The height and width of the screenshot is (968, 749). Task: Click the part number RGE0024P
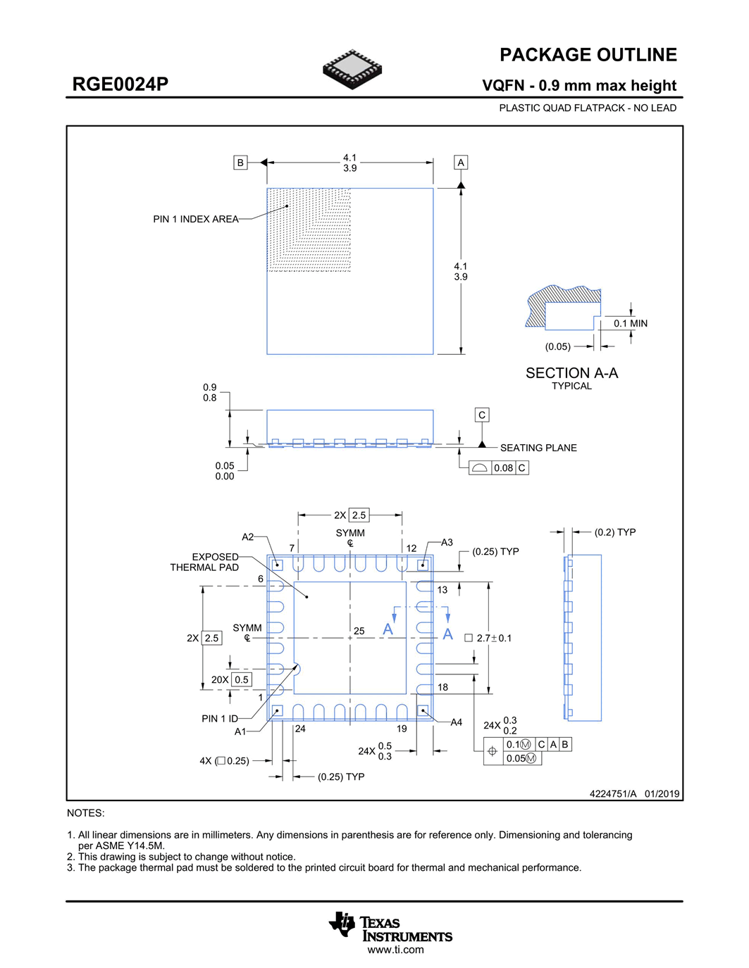120,84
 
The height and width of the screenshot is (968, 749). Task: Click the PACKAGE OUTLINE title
588,55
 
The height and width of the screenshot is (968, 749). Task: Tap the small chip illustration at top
352,69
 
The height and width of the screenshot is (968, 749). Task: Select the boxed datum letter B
240,163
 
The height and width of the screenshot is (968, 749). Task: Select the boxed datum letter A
461,163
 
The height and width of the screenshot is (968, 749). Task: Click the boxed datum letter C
482,415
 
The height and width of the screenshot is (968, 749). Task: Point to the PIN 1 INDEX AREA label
195,219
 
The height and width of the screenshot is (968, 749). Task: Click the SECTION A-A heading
571,373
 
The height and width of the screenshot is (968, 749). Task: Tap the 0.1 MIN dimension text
630,324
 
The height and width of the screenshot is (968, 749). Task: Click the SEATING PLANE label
538,448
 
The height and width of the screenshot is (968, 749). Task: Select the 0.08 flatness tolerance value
503,468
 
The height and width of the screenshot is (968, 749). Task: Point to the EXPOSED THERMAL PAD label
205,562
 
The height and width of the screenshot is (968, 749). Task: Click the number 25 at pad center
359,631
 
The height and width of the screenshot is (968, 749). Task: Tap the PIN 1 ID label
219,719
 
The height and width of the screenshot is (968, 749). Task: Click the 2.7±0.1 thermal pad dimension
494,638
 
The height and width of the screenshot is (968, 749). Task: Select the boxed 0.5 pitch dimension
242,679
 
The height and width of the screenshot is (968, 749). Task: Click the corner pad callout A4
456,722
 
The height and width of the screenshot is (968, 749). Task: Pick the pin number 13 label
442,590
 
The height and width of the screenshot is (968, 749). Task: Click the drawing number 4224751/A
612,793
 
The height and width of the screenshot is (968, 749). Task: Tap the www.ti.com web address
395,950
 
